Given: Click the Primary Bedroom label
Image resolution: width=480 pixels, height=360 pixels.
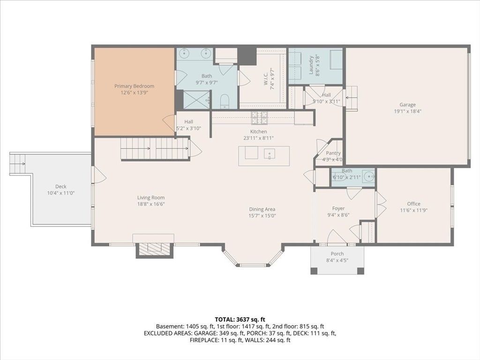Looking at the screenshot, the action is click(135, 86).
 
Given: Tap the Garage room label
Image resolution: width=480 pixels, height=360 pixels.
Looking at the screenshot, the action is click(407, 105).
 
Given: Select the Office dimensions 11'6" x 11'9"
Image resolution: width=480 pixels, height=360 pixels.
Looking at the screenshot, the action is click(413, 210).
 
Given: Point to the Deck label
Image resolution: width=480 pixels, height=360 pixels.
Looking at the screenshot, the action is click(61, 187).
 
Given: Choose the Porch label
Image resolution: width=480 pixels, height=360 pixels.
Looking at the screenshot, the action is click(337, 254).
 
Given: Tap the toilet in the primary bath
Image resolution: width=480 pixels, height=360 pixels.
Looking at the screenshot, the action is click(225, 101).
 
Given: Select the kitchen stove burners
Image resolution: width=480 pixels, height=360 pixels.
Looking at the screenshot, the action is click(260, 118).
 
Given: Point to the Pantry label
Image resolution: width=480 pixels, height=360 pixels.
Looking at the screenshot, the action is click(333, 153).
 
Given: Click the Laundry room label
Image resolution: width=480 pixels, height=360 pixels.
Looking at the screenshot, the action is click(311, 65).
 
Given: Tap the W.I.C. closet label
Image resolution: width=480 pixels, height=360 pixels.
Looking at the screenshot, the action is click(266, 78).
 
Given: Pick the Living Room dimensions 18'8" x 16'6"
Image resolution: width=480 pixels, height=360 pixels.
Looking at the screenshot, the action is click(151, 204).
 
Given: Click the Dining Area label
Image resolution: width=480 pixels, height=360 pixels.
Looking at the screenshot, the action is click(262, 209).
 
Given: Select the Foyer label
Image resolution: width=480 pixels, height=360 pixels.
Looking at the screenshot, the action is click(338, 209).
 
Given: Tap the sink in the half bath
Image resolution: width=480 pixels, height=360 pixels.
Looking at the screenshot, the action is click(368, 176).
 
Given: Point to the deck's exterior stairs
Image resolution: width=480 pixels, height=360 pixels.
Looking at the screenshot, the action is click(18, 164).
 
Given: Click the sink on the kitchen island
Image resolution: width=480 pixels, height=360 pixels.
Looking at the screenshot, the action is click(270, 153).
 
